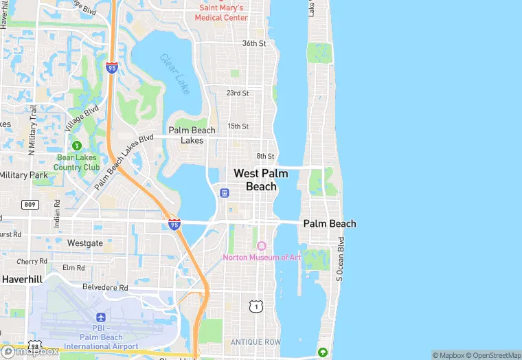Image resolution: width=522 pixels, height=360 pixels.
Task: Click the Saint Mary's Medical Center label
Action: coord(223,12)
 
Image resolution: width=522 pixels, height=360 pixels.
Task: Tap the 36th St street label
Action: coord(253,43)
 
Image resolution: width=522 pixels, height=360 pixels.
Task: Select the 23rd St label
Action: coord(238,93)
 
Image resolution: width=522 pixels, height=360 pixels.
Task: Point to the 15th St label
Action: coord(238,126)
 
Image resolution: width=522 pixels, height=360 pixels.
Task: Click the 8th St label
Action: coord(265,156)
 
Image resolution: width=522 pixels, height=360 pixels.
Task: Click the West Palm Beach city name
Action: coord(261,180)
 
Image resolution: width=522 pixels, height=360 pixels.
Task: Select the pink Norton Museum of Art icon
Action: coord(261,246)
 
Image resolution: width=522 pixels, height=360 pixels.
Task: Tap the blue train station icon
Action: coord(224,193)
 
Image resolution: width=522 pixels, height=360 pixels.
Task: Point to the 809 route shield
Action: coord(30,204)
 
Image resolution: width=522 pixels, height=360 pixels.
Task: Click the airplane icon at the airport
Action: coord(101,317)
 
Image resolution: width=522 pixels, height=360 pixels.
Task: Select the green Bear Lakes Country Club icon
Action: coord(77,146)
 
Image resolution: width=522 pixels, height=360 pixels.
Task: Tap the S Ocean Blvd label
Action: coord(339,259)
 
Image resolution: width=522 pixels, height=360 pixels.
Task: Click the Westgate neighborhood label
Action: coord(85,243)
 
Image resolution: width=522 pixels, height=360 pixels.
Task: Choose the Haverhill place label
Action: coord(22,280)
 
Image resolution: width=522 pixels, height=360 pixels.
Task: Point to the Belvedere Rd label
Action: coord(105,288)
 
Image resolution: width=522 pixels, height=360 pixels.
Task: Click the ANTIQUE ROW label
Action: coord(256,342)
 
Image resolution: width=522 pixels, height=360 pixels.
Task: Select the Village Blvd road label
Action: coord(82,118)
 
